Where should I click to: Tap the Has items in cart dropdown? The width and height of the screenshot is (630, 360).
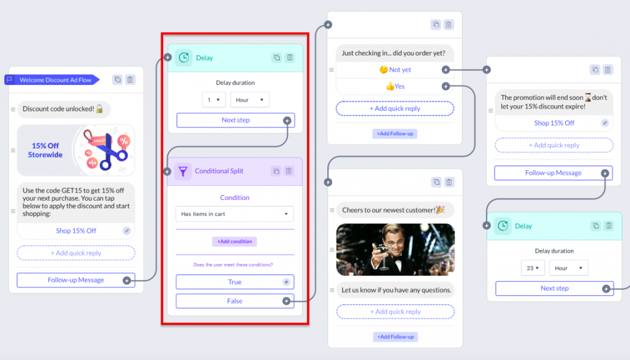234,214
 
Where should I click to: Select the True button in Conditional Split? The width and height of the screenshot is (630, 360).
234,282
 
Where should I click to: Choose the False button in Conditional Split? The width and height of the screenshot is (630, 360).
234,301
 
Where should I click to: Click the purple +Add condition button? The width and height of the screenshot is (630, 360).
234,241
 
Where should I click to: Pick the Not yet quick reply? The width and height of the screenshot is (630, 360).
395,70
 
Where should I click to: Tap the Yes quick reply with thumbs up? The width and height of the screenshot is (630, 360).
395,86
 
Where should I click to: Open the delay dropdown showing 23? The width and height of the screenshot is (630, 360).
533,268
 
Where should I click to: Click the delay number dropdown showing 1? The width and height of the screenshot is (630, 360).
213,100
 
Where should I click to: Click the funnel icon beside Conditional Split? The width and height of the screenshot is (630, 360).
183,172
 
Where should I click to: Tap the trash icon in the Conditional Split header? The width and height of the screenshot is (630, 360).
289,171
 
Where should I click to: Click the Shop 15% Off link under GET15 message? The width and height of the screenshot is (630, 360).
76,231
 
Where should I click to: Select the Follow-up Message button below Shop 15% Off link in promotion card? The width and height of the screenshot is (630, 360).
553,173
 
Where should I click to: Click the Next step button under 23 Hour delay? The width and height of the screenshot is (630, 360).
554,289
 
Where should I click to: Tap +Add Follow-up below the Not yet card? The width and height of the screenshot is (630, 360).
395,134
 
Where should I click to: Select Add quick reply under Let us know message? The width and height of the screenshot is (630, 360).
396,312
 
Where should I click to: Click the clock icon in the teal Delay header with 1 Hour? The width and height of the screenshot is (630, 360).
183,58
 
